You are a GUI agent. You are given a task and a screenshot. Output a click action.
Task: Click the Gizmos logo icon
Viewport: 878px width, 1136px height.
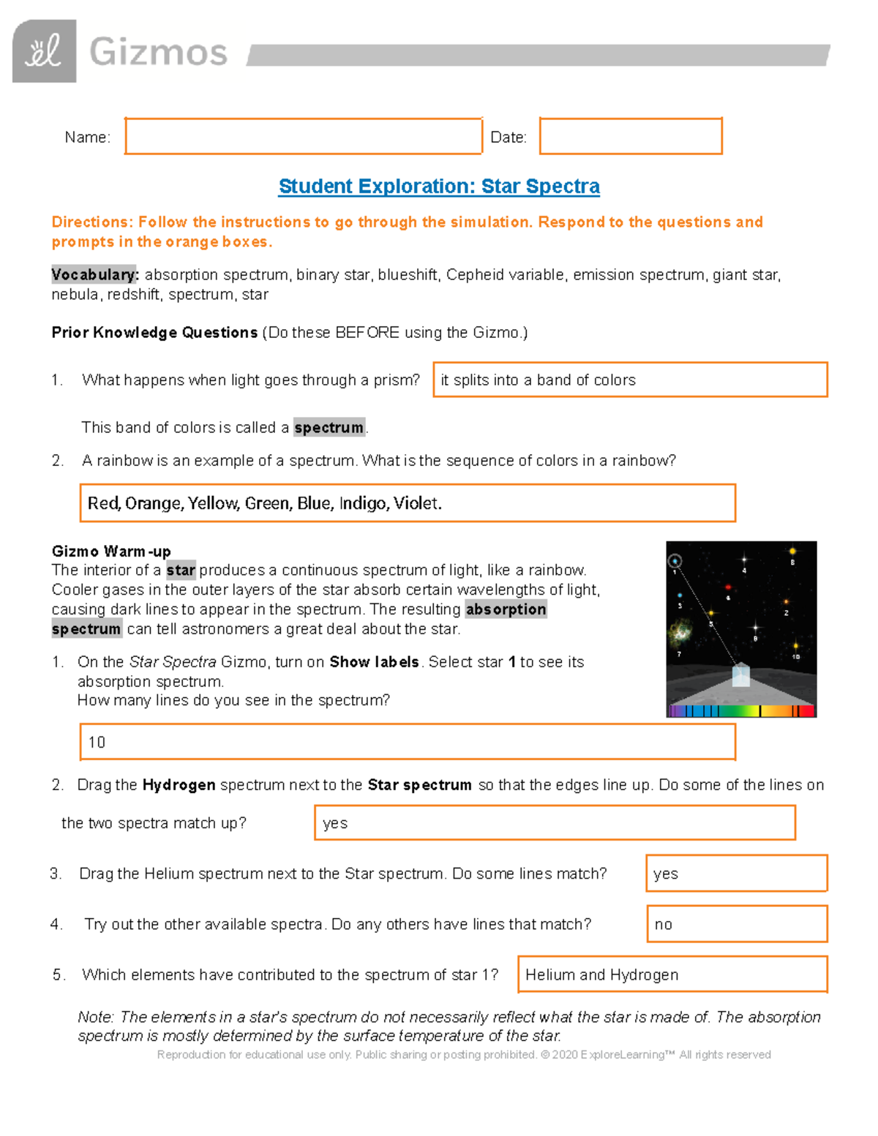[x=44, y=51]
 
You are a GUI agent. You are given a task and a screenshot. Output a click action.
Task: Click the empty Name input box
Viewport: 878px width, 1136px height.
[x=303, y=137]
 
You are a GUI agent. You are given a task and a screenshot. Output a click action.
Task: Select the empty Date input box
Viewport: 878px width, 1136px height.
[x=631, y=137]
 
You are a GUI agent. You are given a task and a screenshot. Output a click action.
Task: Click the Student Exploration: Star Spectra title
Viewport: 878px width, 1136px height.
[x=439, y=187]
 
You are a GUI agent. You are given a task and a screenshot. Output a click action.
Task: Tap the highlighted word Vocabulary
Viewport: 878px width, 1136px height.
[x=94, y=275]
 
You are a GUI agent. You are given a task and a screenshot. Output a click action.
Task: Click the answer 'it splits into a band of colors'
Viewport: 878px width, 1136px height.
[x=539, y=380]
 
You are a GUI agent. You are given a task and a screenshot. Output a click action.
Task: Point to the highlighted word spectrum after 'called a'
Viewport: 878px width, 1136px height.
[x=329, y=428]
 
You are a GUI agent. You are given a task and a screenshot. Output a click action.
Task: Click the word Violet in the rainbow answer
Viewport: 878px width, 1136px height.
[x=416, y=503]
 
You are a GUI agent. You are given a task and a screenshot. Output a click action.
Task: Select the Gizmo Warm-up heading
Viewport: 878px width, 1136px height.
[x=111, y=552]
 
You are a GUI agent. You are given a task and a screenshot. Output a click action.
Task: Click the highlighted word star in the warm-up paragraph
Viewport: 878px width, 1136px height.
[x=181, y=571]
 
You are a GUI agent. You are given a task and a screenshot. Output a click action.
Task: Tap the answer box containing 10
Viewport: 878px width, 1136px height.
[x=407, y=742]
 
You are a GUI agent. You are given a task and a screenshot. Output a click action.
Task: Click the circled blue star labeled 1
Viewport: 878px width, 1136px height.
[x=675, y=561]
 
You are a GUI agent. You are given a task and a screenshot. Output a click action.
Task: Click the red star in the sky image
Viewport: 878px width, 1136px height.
[x=728, y=587]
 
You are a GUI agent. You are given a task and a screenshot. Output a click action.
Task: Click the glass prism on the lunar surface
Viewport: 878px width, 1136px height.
[x=741, y=674]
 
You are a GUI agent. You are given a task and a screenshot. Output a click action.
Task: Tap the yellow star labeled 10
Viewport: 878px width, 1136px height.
[x=795, y=646]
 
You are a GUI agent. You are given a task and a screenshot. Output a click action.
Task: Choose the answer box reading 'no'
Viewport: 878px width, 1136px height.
[x=736, y=925]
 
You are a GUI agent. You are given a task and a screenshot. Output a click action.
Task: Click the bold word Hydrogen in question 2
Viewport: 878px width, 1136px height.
[x=179, y=786]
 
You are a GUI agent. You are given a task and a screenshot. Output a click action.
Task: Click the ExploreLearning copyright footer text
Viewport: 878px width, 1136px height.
[x=464, y=1055]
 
